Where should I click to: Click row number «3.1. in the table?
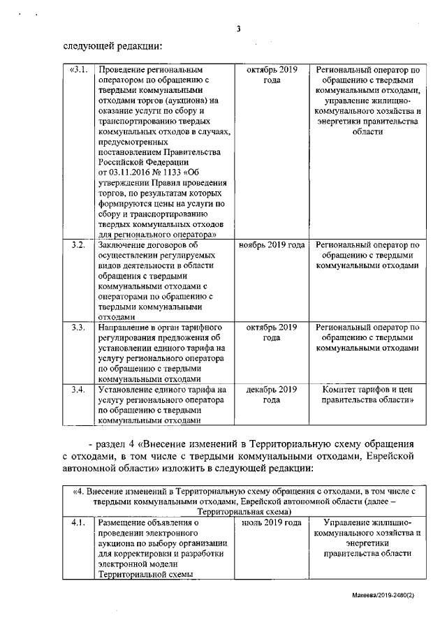coord(78,71)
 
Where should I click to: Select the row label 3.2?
coord(78,246)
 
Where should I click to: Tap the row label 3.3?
coord(78,327)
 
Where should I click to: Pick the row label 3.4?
coord(78,389)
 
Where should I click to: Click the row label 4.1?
coord(78,522)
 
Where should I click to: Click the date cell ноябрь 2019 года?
coord(272,246)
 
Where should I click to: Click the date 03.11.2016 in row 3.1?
coord(126,173)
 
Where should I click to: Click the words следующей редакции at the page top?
coord(112,47)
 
